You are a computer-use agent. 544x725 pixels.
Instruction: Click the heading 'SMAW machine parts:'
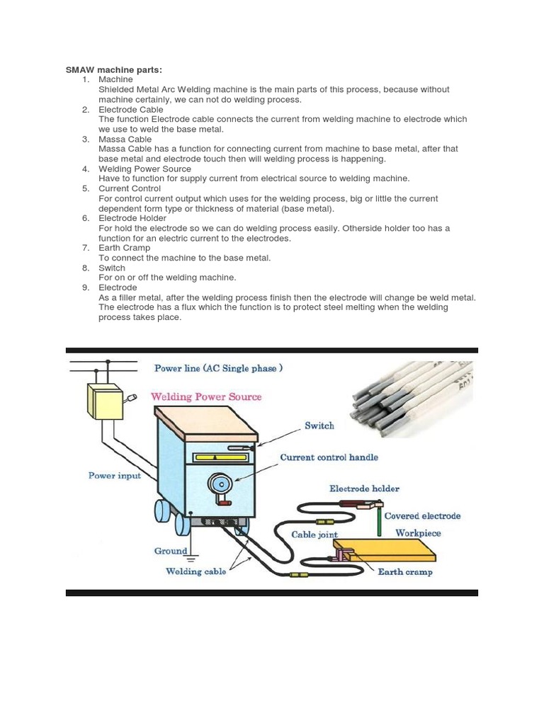click(x=113, y=69)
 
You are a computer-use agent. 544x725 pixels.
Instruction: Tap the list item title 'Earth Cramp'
click(x=124, y=249)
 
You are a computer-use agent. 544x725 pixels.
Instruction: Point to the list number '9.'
click(x=85, y=288)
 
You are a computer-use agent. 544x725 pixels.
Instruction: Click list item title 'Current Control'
click(x=130, y=189)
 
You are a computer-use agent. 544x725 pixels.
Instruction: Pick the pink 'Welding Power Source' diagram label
click(x=206, y=397)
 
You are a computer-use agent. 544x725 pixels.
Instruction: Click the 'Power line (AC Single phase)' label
click(x=219, y=369)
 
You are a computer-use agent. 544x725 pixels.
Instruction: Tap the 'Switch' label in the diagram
click(x=319, y=426)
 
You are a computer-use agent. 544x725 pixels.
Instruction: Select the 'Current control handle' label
click(x=329, y=457)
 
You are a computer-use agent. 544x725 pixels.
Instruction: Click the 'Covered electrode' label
click(x=422, y=516)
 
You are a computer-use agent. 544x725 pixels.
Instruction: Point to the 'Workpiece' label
click(x=418, y=533)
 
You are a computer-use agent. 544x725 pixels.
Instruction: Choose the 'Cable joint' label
click(x=314, y=535)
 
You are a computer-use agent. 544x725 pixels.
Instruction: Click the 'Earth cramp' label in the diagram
click(x=404, y=572)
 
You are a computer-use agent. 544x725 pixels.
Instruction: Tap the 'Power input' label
click(x=114, y=476)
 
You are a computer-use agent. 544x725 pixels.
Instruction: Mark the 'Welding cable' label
click(x=195, y=571)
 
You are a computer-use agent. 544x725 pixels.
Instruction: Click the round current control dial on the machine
click(x=220, y=485)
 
